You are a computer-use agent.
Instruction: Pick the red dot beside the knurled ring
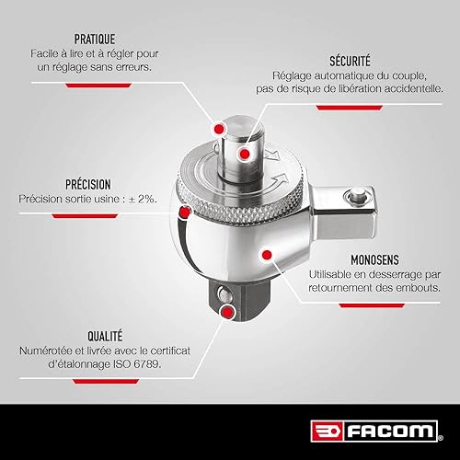pos(186,213)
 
